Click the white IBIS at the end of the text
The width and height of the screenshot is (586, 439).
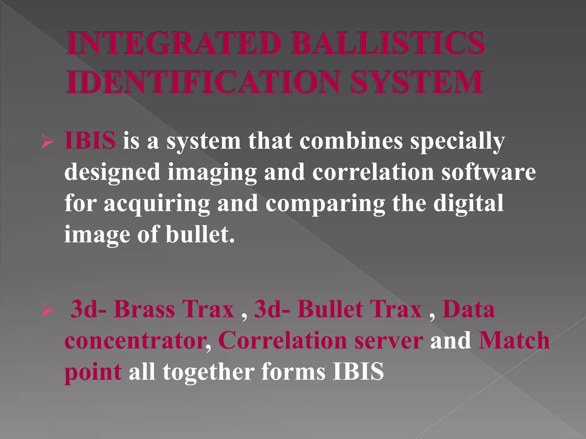(x=358, y=371)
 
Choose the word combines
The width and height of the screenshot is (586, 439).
(x=351, y=141)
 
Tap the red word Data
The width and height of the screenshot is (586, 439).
(x=468, y=309)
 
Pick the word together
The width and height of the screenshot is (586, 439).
(x=209, y=372)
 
